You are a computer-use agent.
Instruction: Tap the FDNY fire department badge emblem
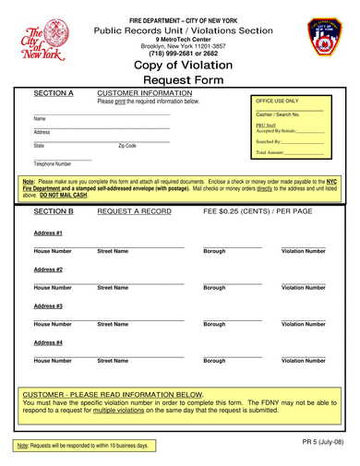[x=324, y=39]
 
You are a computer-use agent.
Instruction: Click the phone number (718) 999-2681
[x=162, y=54]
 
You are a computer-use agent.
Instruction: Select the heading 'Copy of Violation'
[x=179, y=66]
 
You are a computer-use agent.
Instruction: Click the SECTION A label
[x=54, y=93]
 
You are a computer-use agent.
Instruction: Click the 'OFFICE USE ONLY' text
[x=277, y=100]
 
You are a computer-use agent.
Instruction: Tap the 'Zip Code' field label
[x=127, y=146]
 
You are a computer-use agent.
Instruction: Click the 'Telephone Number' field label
[x=53, y=164]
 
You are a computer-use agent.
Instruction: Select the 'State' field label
[x=39, y=146]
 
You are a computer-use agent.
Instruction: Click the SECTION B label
[x=54, y=211]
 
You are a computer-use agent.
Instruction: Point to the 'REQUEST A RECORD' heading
[x=134, y=211]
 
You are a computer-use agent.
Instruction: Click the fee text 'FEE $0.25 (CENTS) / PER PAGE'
[x=258, y=211]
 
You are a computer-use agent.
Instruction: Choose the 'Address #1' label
[x=48, y=233]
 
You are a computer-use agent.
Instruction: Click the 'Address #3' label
[x=48, y=305]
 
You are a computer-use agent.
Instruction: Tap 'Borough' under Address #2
[x=214, y=288]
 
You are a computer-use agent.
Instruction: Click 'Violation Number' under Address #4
[x=304, y=361]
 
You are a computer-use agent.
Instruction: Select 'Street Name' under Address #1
[x=113, y=251]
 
